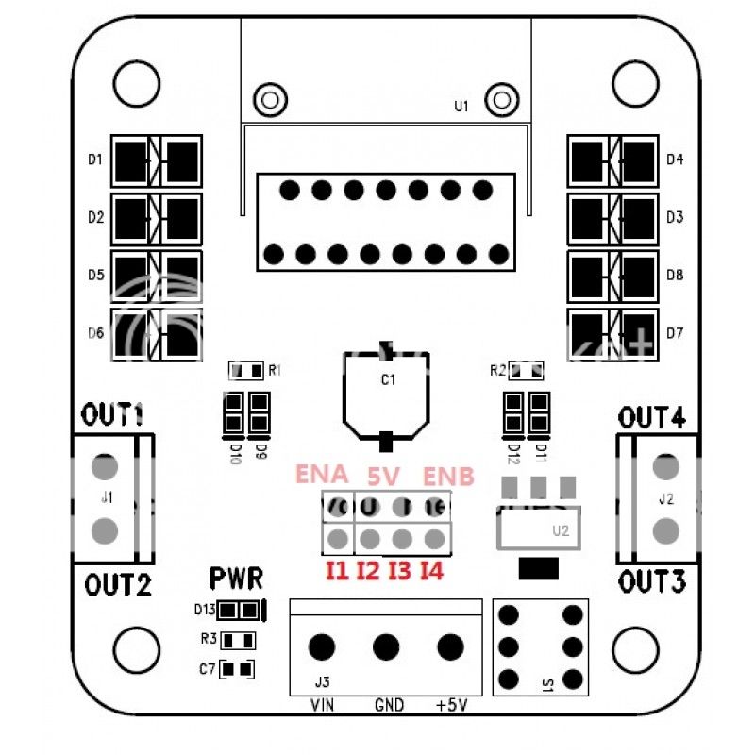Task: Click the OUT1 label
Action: (x=111, y=413)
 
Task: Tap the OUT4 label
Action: (x=652, y=415)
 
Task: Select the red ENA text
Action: (x=323, y=474)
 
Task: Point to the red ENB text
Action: (x=447, y=475)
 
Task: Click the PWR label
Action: (x=236, y=577)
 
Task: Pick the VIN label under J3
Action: (x=323, y=705)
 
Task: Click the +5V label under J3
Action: (x=450, y=705)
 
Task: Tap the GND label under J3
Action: (x=389, y=705)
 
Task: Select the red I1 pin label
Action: (x=336, y=569)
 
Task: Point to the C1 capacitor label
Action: (x=386, y=379)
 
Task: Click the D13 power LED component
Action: (x=243, y=610)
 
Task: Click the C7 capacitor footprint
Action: (x=239, y=669)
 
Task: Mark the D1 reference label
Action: (x=94, y=159)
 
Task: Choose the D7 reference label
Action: (x=674, y=332)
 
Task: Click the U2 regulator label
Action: (x=561, y=530)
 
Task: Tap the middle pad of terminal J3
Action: (x=386, y=647)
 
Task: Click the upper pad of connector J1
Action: (x=107, y=466)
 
